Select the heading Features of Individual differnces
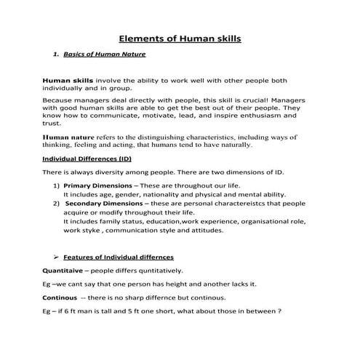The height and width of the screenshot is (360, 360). tap(119, 257)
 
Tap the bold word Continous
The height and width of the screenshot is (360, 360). tap(60, 297)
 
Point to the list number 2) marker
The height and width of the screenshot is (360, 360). tap(56, 204)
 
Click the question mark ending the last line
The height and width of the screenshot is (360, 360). tap(279, 311)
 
